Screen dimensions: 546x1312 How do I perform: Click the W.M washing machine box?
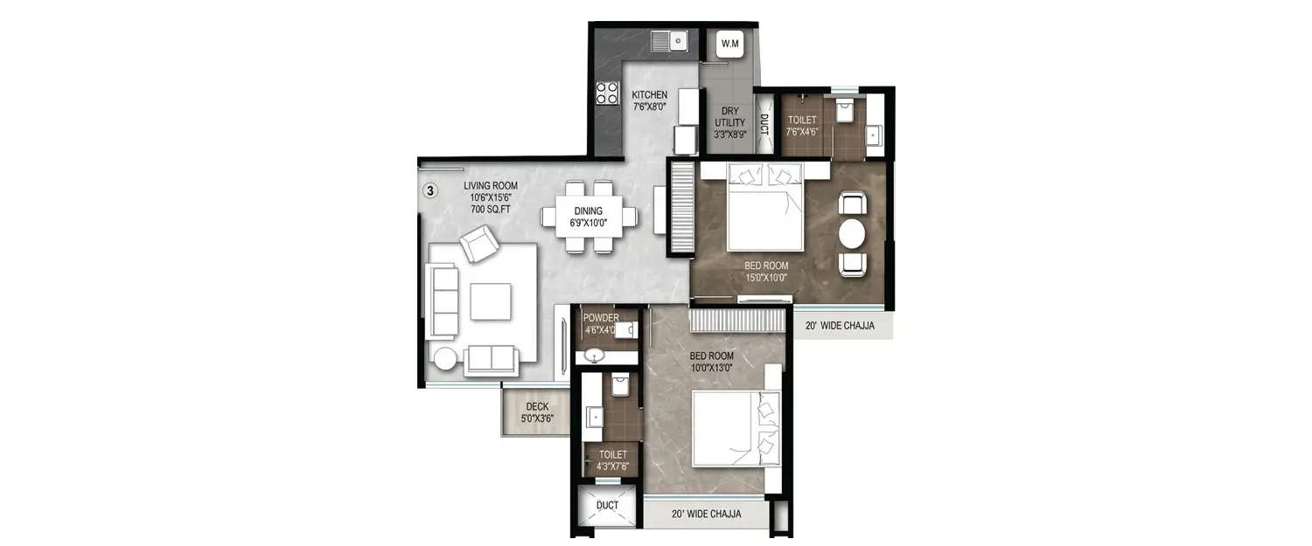(x=729, y=43)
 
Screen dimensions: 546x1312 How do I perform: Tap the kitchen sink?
(x=671, y=40)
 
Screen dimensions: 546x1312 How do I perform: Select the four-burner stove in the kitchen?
(x=607, y=93)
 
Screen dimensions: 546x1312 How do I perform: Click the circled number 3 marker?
(x=430, y=190)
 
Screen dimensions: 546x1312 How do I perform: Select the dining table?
(x=589, y=216)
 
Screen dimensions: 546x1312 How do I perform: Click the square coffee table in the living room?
(x=489, y=301)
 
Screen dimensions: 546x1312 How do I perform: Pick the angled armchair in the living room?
(x=479, y=244)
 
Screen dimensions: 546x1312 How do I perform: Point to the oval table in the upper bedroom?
(x=852, y=234)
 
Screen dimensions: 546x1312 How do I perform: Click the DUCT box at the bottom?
(x=607, y=507)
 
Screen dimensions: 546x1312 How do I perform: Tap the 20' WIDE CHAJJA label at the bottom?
(x=706, y=514)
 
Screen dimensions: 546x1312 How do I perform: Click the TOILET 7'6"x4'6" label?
(x=802, y=126)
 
